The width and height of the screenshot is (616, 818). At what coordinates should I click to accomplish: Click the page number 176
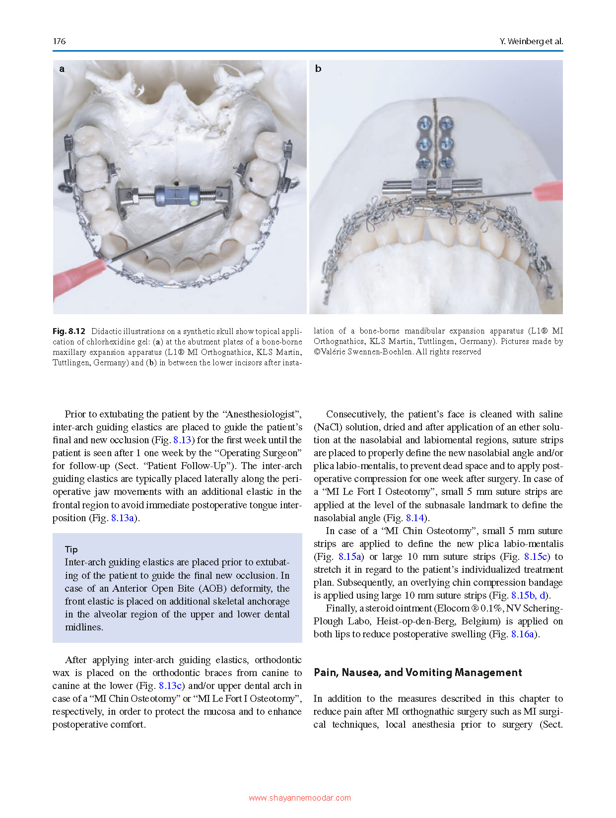[59, 41]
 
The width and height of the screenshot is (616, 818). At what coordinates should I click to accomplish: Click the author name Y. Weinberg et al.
[531, 41]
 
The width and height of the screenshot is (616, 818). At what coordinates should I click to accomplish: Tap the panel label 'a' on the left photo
[62, 69]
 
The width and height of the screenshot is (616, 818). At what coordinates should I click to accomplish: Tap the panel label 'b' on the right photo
[318, 69]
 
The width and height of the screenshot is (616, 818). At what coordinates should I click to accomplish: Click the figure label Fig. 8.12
[69, 331]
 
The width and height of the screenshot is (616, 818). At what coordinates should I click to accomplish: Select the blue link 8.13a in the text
[123, 518]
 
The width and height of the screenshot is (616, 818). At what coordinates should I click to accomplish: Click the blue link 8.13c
[170, 685]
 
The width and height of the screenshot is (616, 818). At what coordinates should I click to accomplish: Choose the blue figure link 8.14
[415, 518]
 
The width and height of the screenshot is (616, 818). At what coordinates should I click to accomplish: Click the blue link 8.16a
[523, 634]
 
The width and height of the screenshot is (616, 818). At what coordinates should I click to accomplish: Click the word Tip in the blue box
[71, 549]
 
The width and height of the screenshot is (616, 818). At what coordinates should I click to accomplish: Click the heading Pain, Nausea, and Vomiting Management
[417, 673]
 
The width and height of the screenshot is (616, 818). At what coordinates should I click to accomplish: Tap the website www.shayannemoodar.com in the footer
[300, 798]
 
